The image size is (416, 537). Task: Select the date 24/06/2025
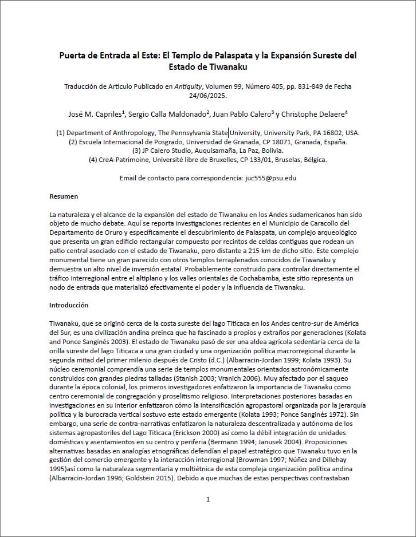[207, 96]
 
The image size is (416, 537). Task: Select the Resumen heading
[64, 196]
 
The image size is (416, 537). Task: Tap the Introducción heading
[69, 305]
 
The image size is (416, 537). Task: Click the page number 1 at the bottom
[208, 499]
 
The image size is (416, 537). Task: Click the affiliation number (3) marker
[137, 151]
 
